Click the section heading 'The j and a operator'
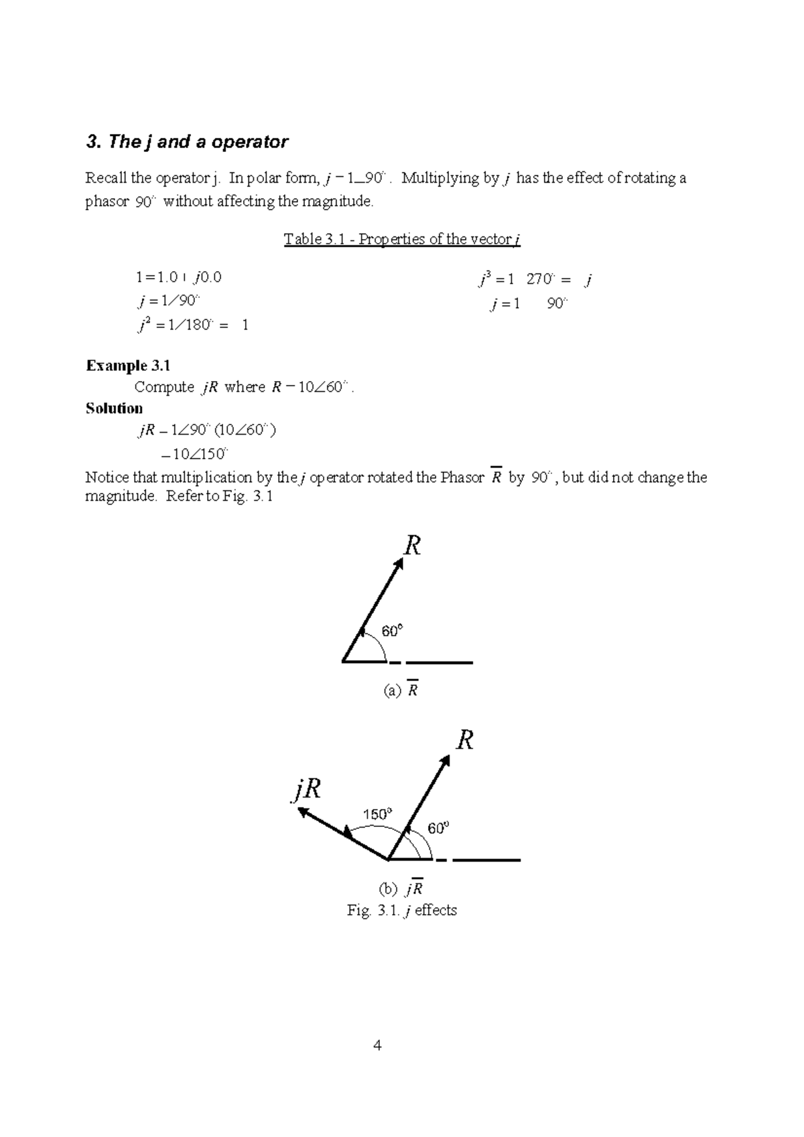[187, 142]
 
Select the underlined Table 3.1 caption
[402, 239]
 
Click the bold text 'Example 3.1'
[128, 365]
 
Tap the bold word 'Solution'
[114, 408]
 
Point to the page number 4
[378, 1045]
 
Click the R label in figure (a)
[412, 546]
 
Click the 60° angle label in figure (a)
[392, 631]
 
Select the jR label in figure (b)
[306, 789]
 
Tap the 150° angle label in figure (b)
[377, 814]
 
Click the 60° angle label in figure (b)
[438, 828]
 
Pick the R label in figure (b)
[465, 741]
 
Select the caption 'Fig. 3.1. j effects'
[402, 910]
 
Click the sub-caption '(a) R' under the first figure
[401, 690]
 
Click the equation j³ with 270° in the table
[534, 280]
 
